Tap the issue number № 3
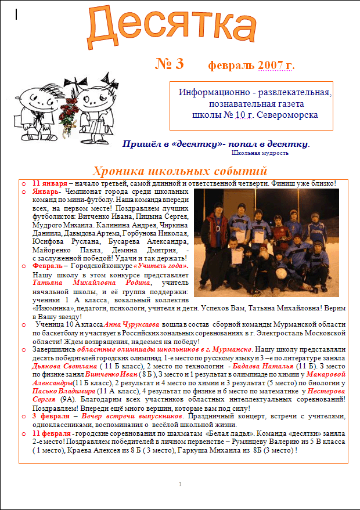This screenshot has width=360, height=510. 170,64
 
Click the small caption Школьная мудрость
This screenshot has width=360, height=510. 260,153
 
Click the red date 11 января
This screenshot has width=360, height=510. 51,183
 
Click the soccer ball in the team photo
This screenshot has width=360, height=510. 282,273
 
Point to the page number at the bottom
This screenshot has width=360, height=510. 181,484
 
